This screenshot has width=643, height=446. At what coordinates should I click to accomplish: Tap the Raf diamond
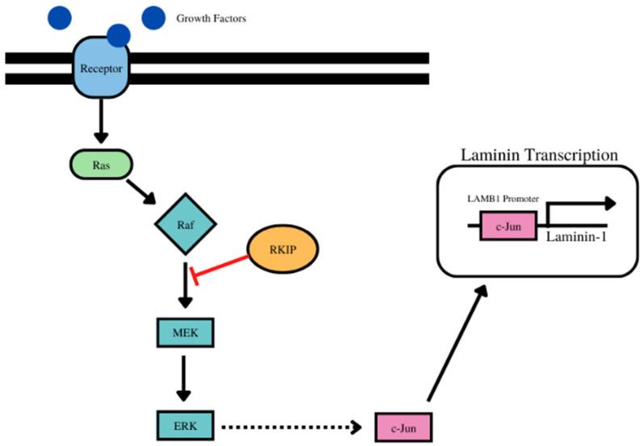point(184,228)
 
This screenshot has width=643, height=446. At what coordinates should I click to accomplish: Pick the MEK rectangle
point(184,332)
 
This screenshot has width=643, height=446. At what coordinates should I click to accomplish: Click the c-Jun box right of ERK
point(402,423)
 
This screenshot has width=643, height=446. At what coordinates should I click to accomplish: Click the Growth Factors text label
point(211,18)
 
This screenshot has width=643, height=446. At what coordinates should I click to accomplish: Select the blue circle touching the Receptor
point(119,35)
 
